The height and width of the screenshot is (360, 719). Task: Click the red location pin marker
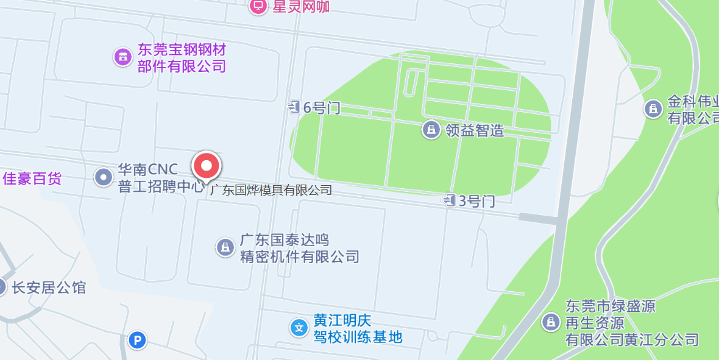click(x=207, y=166)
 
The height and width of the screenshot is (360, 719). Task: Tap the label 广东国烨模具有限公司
click(x=271, y=190)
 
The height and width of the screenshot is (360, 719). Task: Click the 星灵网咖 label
click(x=301, y=6)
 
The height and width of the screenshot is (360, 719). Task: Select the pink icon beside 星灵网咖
click(x=258, y=6)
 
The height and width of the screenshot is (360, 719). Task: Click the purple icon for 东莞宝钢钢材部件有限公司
click(x=123, y=57)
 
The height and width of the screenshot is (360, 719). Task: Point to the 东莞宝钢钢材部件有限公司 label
click(x=182, y=57)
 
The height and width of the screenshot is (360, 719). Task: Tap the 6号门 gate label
click(x=322, y=108)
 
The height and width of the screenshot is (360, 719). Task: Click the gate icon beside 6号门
click(x=295, y=107)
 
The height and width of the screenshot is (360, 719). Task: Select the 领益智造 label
click(x=475, y=130)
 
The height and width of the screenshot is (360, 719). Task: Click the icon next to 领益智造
click(x=431, y=129)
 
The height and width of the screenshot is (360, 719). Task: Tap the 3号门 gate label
click(x=476, y=200)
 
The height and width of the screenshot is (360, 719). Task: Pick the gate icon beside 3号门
click(x=450, y=200)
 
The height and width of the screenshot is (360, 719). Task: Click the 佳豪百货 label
click(x=32, y=178)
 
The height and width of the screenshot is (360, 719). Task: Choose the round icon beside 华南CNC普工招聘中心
click(x=103, y=177)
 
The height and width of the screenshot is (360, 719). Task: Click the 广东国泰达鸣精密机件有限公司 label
click(x=299, y=248)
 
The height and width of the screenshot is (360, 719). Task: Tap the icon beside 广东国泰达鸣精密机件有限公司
click(x=225, y=247)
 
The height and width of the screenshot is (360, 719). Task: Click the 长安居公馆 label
click(x=49, y=288)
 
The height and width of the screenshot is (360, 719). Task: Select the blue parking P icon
click(x=138, y=341)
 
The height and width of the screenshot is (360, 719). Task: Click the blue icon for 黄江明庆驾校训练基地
click(x=299, y=328)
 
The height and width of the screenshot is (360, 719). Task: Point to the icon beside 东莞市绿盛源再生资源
click(x=551, y=322)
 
